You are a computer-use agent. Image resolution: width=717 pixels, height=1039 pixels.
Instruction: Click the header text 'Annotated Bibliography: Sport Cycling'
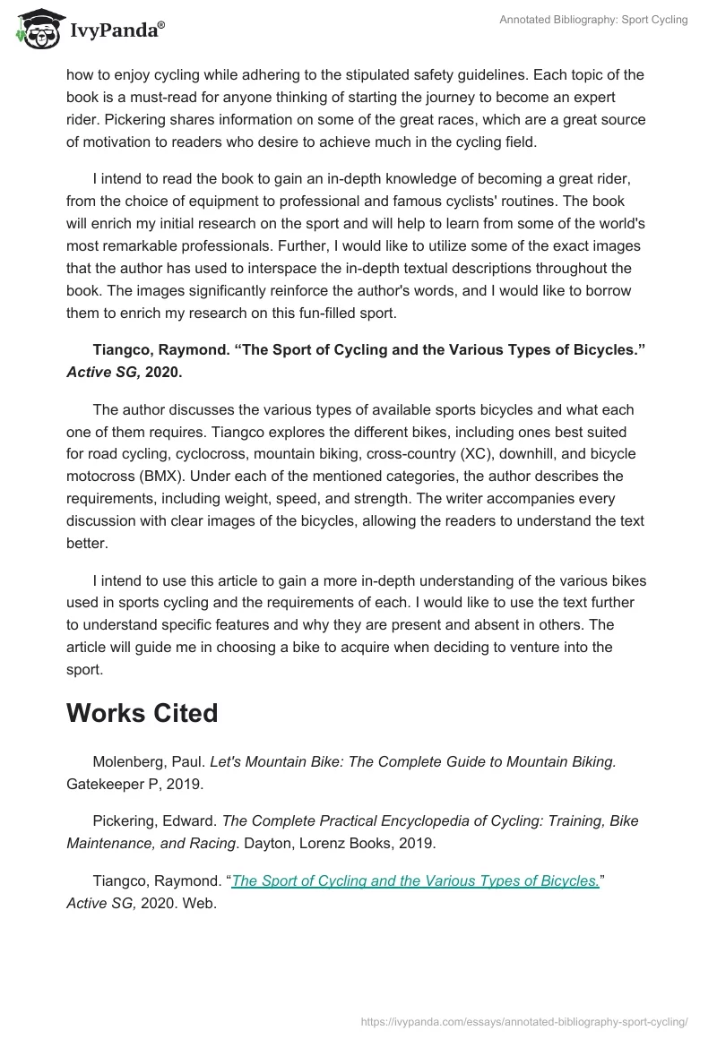click(x=593, y=20)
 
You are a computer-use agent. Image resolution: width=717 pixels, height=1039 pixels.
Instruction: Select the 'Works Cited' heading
click(x=143, y=713)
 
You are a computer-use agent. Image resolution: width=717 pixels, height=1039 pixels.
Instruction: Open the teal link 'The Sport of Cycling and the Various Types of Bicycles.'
click(x=415, y=880)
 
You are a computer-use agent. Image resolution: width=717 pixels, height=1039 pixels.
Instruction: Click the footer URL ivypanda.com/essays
click(x=523, y=1020)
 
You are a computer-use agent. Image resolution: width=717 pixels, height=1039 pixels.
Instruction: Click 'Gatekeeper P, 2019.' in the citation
click(x=135, y=784)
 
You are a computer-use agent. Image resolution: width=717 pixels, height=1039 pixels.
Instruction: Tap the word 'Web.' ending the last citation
click(x=199, y=904)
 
